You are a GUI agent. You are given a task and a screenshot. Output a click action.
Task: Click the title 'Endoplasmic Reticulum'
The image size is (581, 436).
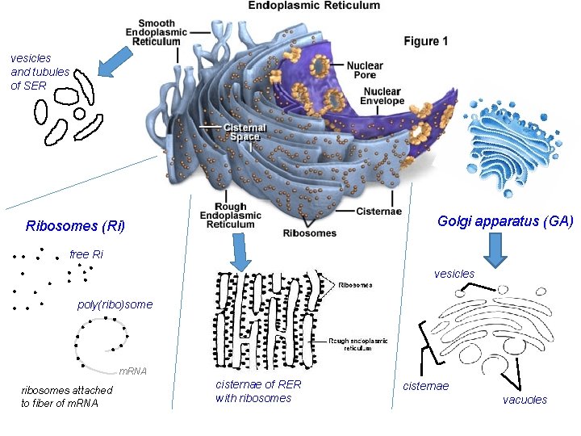[313, 6]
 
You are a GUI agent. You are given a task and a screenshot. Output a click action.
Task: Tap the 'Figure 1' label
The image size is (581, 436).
[426, 41]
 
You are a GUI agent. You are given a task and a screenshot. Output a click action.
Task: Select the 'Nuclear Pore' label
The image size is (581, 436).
[364, 70]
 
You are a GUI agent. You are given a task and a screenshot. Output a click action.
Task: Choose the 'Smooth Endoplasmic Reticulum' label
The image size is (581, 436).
[157, 33]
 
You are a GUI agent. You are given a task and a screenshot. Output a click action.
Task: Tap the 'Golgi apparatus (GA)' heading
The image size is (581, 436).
[505, 220]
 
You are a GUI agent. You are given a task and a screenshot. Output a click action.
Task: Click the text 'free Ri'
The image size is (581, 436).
[86, 254]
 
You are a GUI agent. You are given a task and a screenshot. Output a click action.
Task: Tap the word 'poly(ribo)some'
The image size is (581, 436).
[115, 305]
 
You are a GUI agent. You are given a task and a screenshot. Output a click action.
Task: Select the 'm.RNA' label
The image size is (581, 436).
[132, 371]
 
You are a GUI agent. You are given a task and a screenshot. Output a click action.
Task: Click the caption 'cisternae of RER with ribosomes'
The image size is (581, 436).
[257, 392]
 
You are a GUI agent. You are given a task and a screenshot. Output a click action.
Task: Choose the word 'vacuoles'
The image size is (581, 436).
[525, 400]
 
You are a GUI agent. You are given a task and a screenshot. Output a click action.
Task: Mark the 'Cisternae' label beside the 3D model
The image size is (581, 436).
[378, 212]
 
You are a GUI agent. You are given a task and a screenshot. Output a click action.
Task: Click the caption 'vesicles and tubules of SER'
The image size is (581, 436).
[31, 71]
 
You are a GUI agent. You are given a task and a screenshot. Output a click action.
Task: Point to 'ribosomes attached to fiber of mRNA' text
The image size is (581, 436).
[66, 396]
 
